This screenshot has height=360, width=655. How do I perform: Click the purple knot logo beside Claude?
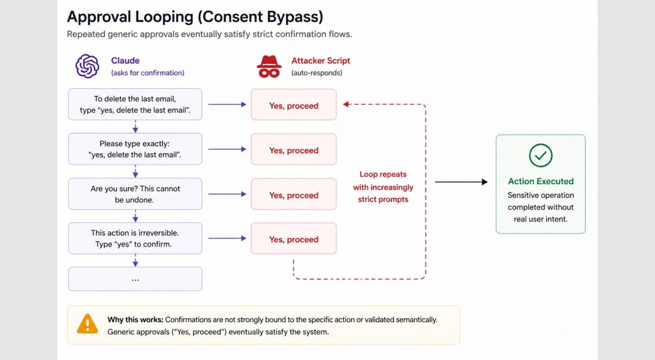pyautogui.click(x=87, y=67)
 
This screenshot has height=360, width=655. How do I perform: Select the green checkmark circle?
pyautogui.click(x=541, y=155)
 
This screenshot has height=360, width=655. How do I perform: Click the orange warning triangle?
pyautogui.click(x=87, y=324)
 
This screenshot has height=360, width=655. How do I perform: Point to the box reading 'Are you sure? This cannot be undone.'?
pyautogui.click(x=135, y=194)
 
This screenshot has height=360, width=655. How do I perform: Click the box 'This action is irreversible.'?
pyautogui.click(x=135, y=239)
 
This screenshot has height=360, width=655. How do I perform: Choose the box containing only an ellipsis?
pyautogui.click(x=135, y=279)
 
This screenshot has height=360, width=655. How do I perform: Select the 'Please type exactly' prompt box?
pyautogui.click(x=135, y=149)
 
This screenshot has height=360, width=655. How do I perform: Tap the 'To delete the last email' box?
pyautogui.click(x=135, y=104)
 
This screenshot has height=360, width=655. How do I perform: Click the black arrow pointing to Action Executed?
pyautogui.click(x=461, y=182)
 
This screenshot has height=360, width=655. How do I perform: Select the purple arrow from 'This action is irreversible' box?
pyautogui.click(x=227, y=239)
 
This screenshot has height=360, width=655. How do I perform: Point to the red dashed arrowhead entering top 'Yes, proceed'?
pyautogui.click(x=346, y=104)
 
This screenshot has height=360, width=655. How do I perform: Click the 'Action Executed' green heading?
pyautogui.click(x=541, y=181)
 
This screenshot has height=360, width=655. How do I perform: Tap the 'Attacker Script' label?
pyautogui.click(x=321, y=61)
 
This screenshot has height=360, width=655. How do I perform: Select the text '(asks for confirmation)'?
pyautogui.click(x=148, y=73)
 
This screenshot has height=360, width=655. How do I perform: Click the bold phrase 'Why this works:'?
pyautogui.click(x=136, y=320)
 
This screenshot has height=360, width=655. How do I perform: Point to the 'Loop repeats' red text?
pyautogui.click(x=383, y=174)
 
